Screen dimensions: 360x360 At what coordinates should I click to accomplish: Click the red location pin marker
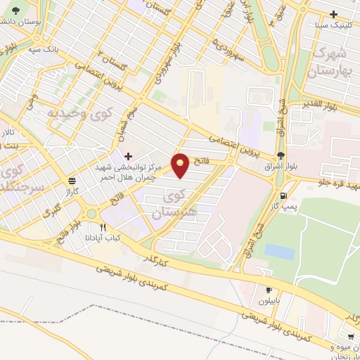(x=181, y=165)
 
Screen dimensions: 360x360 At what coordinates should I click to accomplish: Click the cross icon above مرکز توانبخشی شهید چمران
(x=127, y=155)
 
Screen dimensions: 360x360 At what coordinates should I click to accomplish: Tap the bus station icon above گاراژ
(x=72, y=179)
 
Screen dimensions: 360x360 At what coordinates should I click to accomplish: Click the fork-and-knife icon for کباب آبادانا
(x=103, y=227)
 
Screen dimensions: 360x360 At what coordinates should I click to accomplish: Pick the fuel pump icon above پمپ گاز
(x=283, y=196)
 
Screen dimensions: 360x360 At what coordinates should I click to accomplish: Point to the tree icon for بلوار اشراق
(x=281, y=155)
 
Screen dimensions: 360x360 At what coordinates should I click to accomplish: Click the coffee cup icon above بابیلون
(x=269, y=290)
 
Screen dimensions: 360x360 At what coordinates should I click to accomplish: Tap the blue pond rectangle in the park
(x=280, y=251)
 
